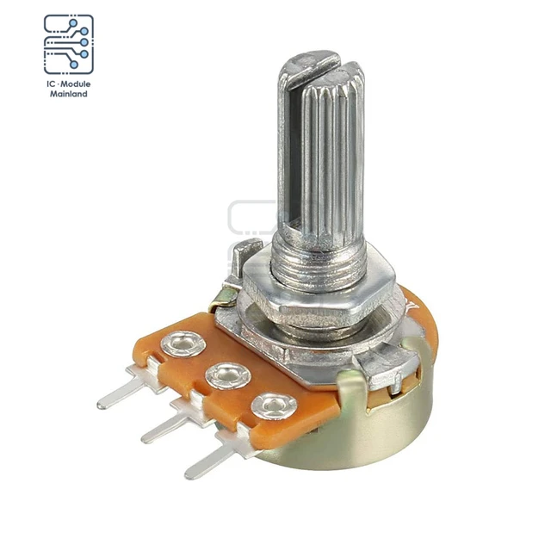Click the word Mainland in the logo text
click(x=68, y=93)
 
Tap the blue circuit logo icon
click(x=68, y=42)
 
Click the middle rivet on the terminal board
click(x=226, y=375)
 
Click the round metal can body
click(x=379, y=430)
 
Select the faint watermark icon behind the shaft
click(x=250, y=220)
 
